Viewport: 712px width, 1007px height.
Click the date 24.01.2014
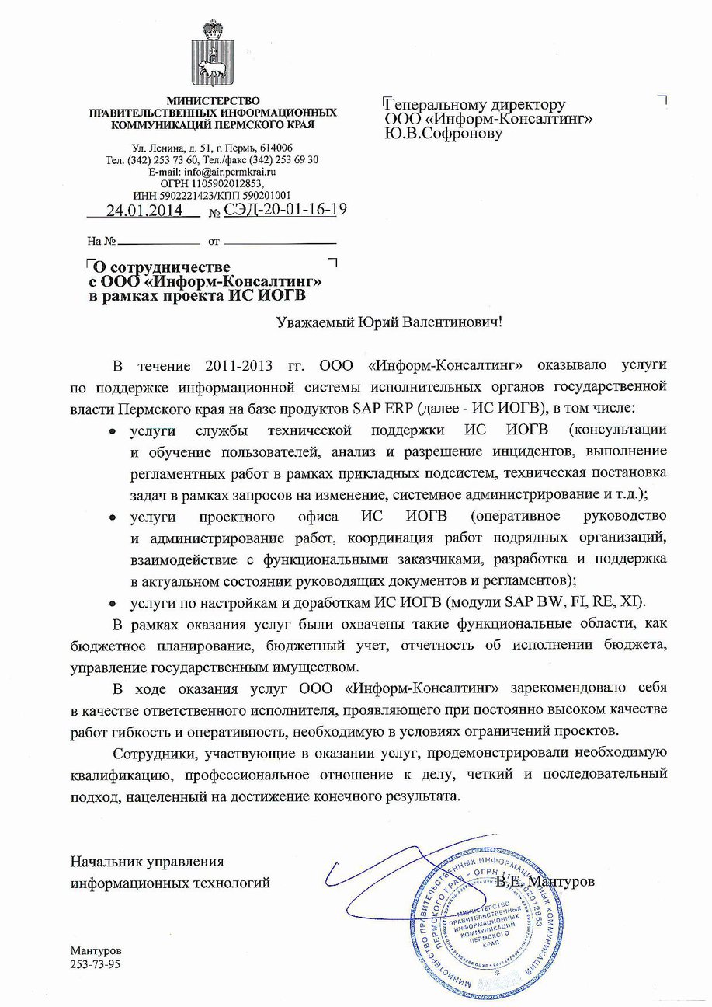(144, 211)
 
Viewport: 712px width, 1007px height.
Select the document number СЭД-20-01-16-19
(285, 211)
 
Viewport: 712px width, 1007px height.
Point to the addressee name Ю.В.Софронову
(443, 133)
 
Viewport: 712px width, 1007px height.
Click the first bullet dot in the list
(113, 430)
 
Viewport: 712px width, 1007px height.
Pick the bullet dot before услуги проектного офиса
(113, 517)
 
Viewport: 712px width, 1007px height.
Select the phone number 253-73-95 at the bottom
(96, 963)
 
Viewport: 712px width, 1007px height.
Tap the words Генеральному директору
(476, 105)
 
